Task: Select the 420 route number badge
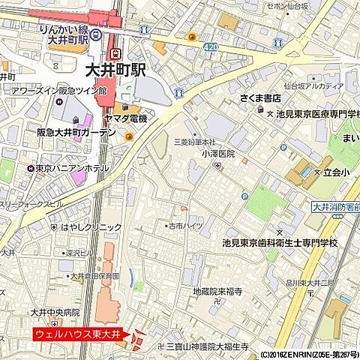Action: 212,46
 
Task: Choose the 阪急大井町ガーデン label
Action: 76,132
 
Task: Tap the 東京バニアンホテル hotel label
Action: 72,169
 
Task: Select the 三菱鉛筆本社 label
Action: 195,142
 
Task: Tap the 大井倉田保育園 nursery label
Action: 95,276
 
